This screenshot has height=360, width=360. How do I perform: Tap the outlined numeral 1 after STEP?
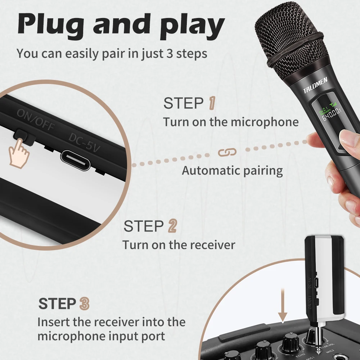(212, 103)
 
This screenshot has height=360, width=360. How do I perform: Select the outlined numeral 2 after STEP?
(172, 226)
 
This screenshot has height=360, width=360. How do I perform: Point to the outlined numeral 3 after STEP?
(84, 303)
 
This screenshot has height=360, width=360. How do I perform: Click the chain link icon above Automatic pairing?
(227, 152)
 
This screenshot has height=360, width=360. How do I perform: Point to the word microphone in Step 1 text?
(265, 122)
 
